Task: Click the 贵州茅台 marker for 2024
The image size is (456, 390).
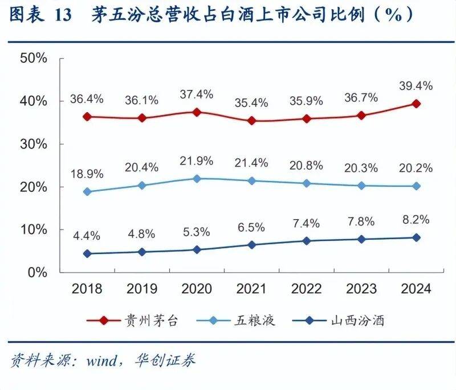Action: click(x=416, y=104)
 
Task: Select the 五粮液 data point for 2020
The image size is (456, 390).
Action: click(x=197, y=178)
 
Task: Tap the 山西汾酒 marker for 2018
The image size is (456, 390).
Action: click(x=87, y=253)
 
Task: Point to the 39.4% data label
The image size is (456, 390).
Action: click(x=416, y=86)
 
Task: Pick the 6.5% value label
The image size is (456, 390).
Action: click(x=251, y=227)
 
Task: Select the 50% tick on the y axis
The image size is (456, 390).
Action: click(x=33, y=58)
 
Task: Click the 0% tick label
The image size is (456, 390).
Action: click(x=38, y=272)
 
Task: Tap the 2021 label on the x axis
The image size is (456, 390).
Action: click(x=251, y=289)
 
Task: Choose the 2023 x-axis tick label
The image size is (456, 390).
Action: click(x=361, y=289)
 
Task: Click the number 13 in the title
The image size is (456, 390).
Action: click(x=63, y=16)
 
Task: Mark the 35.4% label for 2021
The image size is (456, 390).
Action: click(x=251, y=103)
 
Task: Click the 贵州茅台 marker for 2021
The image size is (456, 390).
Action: click(x=251, y=121)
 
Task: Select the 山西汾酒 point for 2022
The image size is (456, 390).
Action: click(x=307, y=240)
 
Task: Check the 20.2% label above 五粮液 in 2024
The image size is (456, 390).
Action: click(x=416, y=169)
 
